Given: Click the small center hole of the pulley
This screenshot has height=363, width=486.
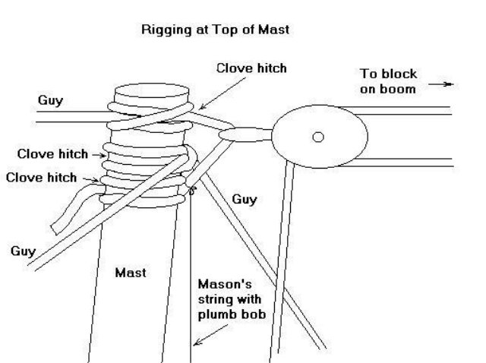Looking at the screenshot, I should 318,137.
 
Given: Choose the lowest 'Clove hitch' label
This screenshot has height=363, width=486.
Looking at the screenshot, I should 41,178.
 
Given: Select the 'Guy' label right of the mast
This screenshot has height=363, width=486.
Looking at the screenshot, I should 245,200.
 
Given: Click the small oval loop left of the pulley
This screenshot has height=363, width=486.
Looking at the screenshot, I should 242,135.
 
